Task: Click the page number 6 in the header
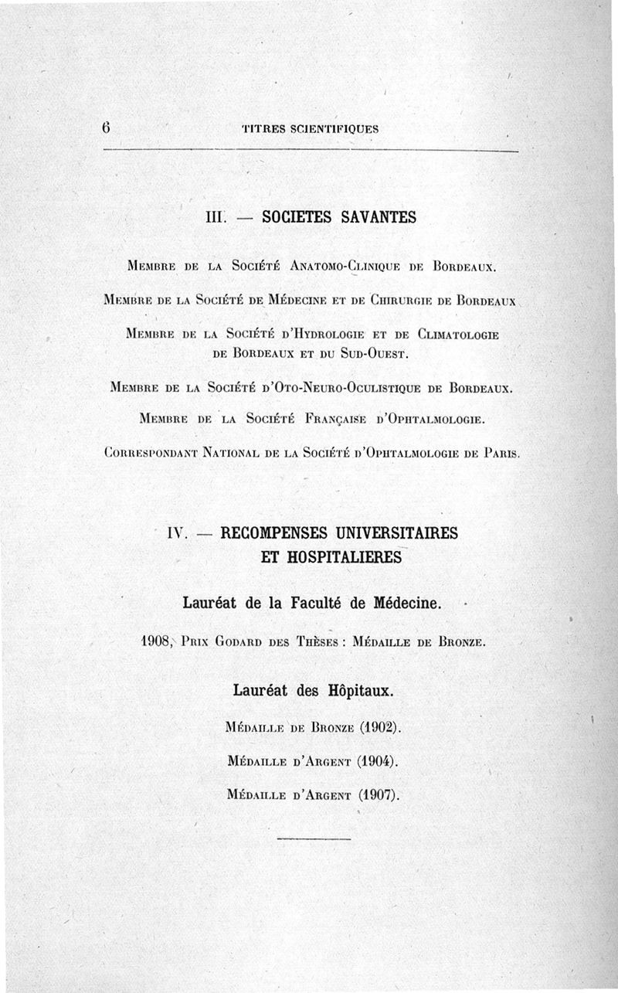(105, 128)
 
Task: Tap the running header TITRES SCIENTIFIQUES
(310, 129)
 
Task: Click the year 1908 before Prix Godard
(159, 641)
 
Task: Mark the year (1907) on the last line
(378, 794)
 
